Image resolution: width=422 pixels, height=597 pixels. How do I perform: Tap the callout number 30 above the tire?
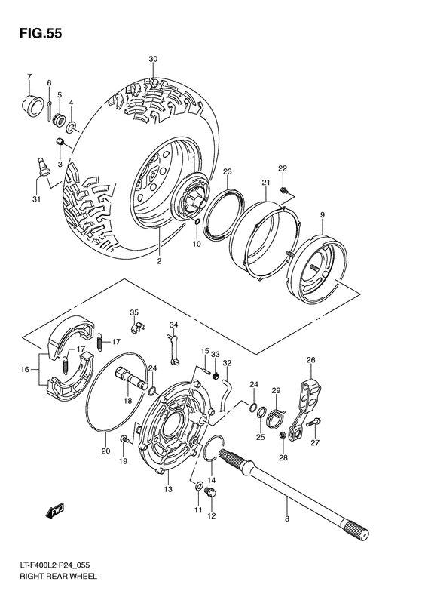pyautogui.click(x=153, y=59)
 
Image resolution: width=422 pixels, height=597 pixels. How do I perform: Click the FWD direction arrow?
pyautogui.click(x=54, y=512)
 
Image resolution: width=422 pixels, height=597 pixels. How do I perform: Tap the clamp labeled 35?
pyautogui.click(x=136, y=327)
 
